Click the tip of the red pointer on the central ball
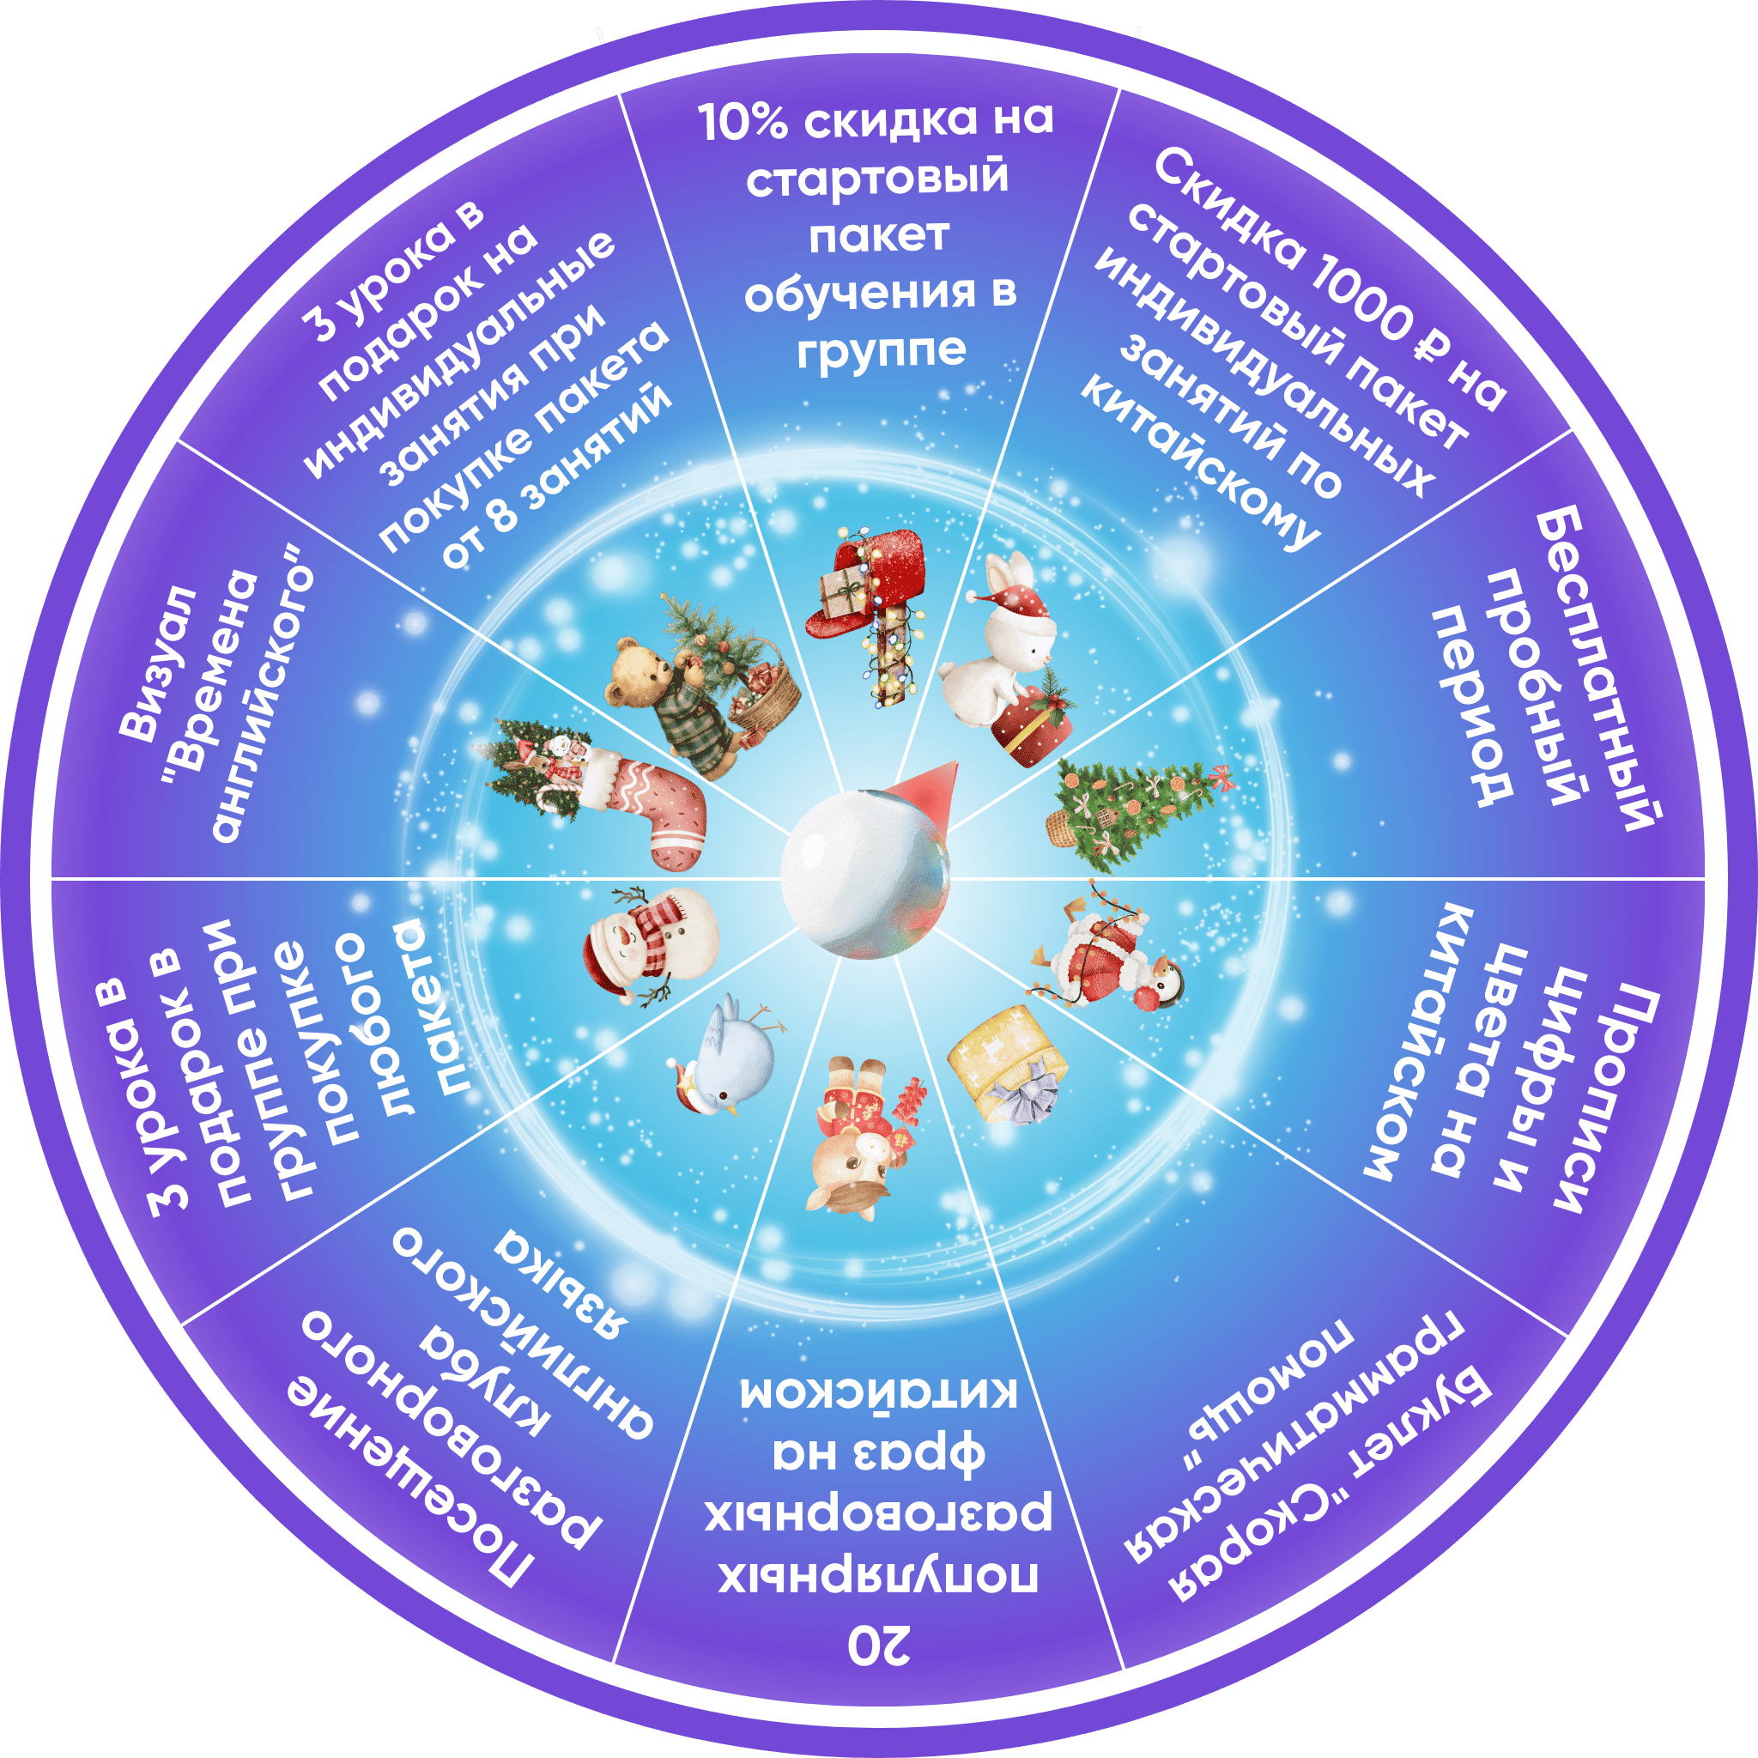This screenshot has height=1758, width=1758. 956,761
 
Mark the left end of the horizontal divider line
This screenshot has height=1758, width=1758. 52,879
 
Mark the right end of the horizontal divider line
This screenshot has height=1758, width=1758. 1706,879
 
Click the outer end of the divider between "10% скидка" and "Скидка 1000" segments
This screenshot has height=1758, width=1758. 1118,88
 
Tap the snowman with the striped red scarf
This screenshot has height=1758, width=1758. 650,946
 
